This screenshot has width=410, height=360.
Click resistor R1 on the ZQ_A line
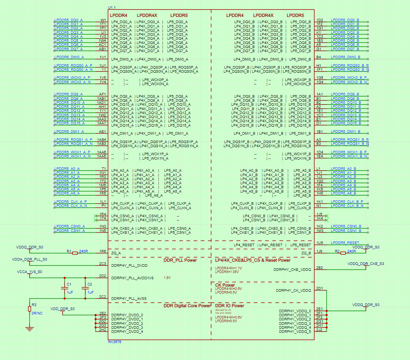[75, 253]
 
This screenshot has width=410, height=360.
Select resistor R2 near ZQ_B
[343, 253]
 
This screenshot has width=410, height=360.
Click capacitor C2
[85, 288]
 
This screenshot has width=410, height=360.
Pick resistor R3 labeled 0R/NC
[29, 309]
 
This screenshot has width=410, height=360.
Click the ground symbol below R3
[29, 329]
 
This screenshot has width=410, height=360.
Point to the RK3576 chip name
[114, 342]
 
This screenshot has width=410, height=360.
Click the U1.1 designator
[113, 7]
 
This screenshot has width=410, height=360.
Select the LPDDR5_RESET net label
[345, 243]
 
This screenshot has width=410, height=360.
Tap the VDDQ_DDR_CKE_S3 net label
[366, 263]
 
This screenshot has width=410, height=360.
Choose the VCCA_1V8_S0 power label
[29, 272]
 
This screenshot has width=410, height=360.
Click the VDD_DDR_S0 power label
[62, 309]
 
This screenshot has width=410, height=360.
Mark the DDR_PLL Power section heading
[180, 260]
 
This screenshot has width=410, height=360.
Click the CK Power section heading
[225, 285]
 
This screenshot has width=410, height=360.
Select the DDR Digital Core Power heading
[187, 305]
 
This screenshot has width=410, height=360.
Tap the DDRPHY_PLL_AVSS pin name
[128, 299]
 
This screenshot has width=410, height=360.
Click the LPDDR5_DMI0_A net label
[69, 57]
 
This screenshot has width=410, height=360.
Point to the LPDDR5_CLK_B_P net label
[347, 202]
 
